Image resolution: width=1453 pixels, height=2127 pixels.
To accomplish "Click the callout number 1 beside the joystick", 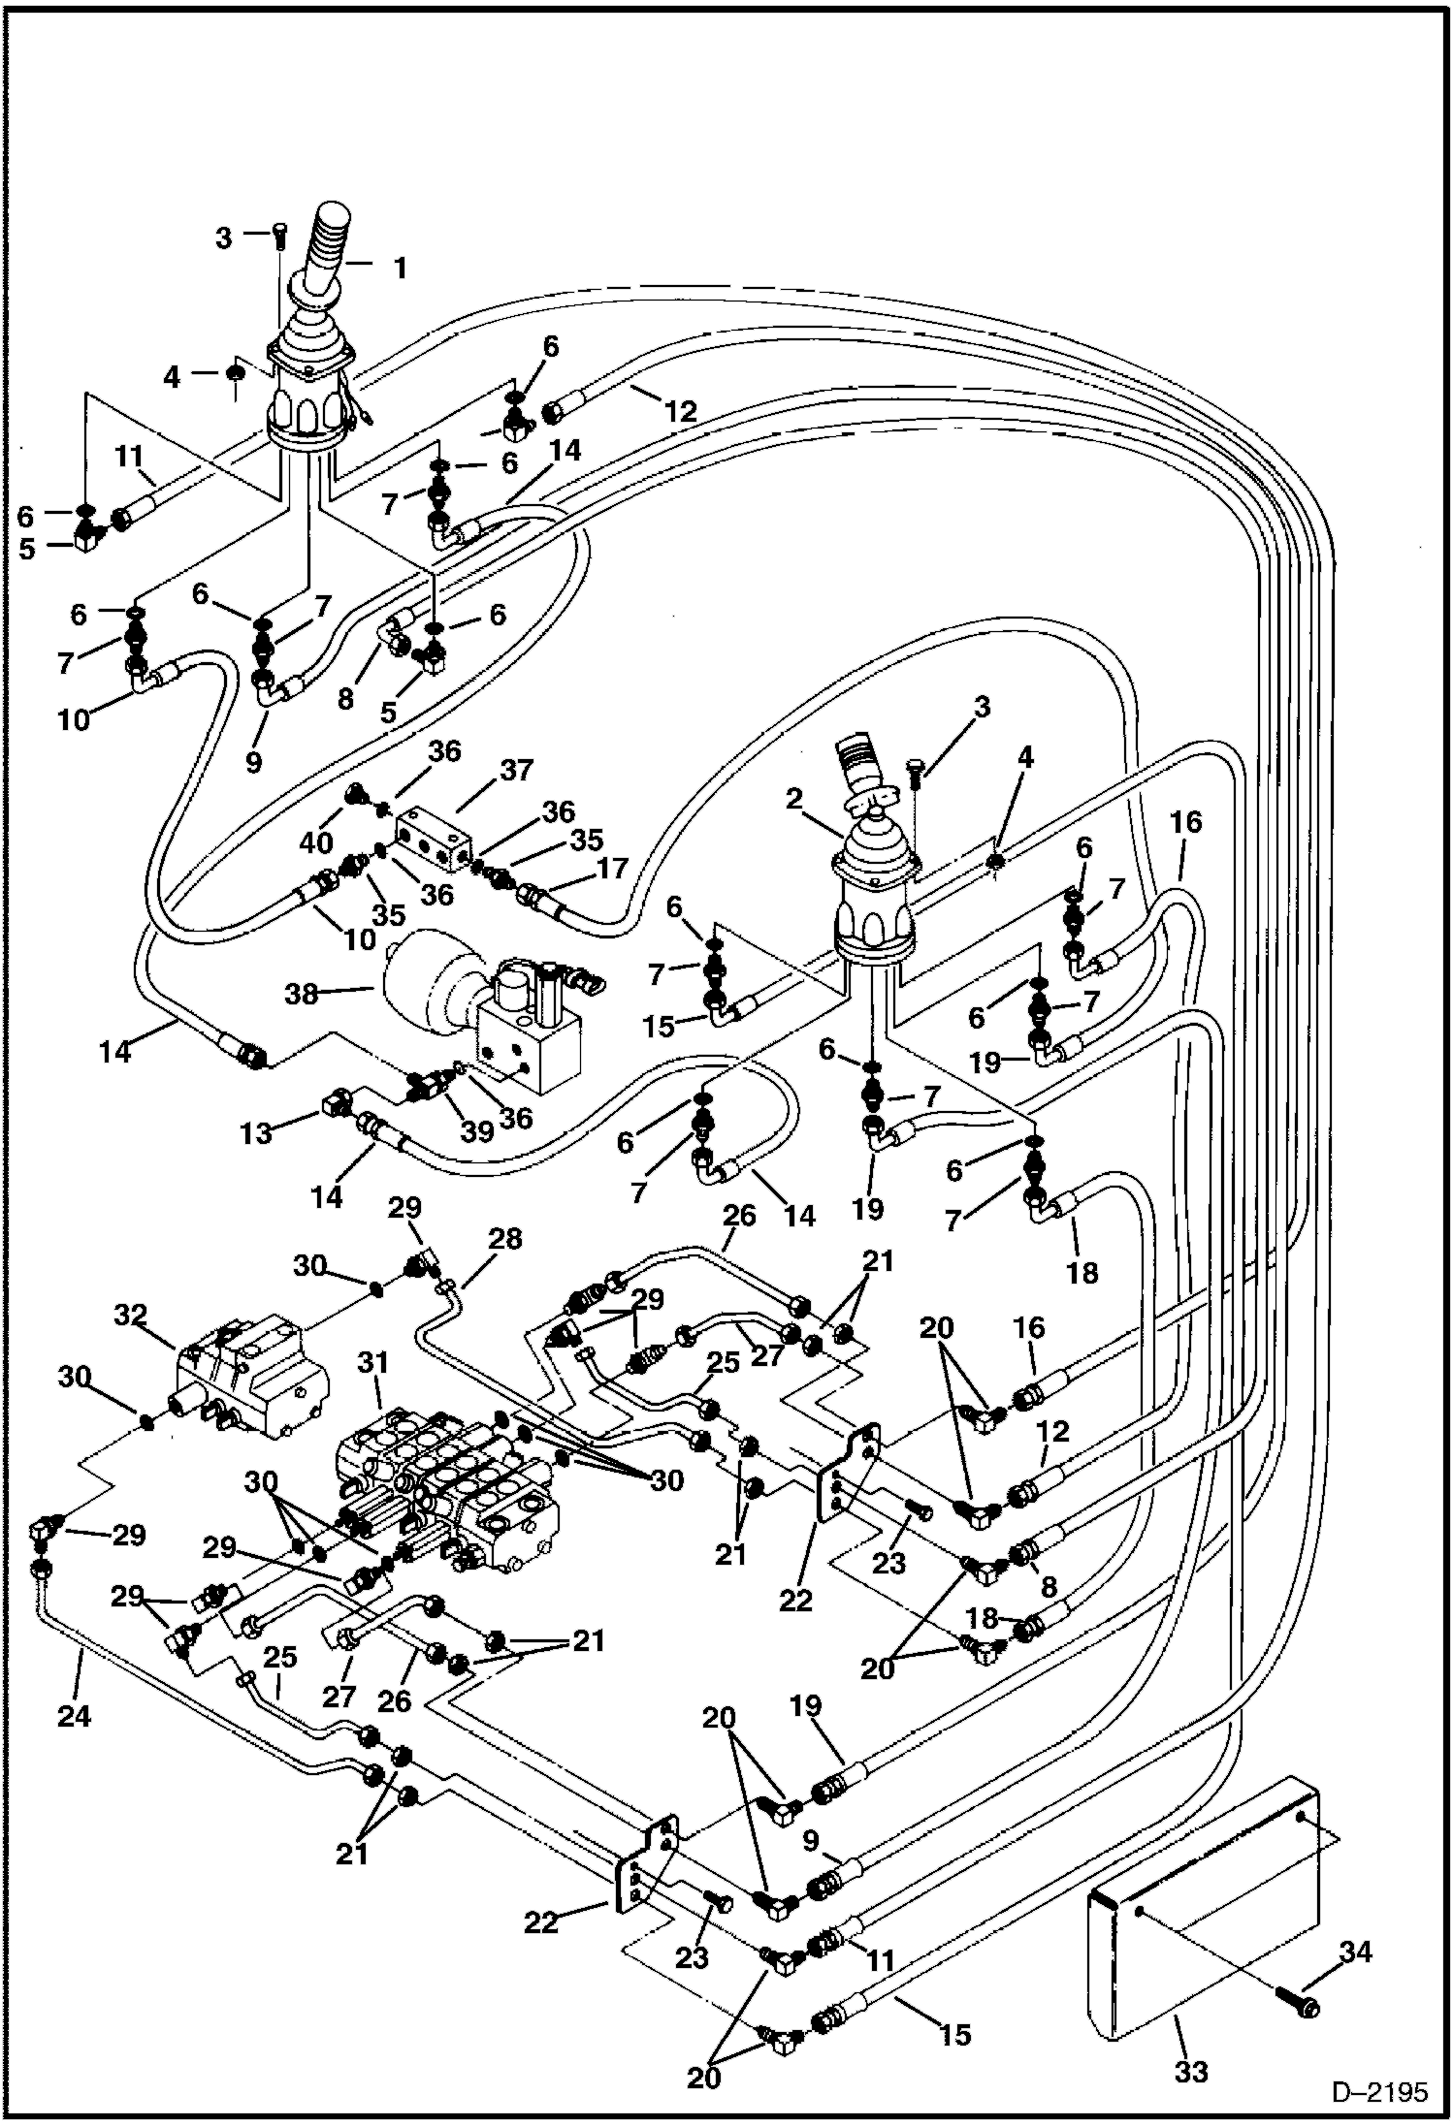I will coord(399,268).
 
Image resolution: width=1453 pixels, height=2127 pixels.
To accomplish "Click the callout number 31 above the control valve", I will coord(372,1364).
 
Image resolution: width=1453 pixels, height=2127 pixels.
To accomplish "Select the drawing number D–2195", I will coord(1378,2092).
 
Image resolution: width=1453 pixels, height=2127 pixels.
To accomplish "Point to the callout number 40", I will coord(316,842).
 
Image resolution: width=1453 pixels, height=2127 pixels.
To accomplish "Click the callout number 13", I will coord(256,1132).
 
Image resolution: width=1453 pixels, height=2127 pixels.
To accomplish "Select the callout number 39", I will coord(477,1131).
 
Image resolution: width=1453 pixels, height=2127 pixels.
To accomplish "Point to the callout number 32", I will coord(130,1316).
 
